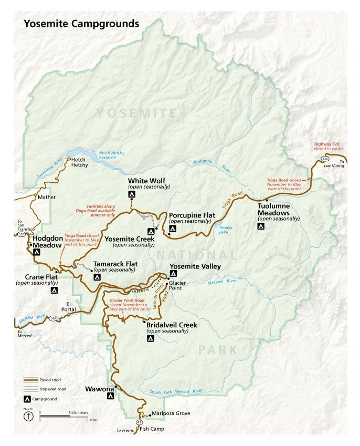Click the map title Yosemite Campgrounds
(x=80, y=24)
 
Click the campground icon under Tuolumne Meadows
(x=260, y=226)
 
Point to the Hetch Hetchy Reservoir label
(x=111, y=155)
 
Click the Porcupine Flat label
(x=192, y=215)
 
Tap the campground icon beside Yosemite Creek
(x=151, y=231)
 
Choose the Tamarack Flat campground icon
(x=97, y=277)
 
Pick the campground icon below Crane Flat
(x=54, y=290)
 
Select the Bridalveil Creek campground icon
(x=150, y=339)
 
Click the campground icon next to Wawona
(x=110, y=398)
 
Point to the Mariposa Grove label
(x=171, y=413)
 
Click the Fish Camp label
(x=152, y=429)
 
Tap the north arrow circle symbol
(x=27, y=416)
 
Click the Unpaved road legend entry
(x=52, y=389)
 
